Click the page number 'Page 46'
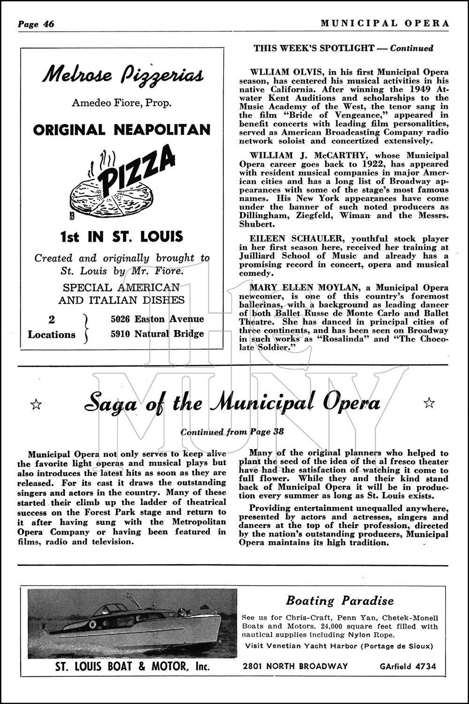36,24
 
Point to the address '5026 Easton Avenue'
157,319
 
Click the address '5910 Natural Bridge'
157,334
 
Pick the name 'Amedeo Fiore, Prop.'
121,103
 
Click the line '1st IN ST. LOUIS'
121,237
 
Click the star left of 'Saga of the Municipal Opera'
36,404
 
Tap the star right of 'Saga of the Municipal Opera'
429,402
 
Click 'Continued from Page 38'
232,432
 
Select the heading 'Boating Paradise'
340,600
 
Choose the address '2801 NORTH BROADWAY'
295,666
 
